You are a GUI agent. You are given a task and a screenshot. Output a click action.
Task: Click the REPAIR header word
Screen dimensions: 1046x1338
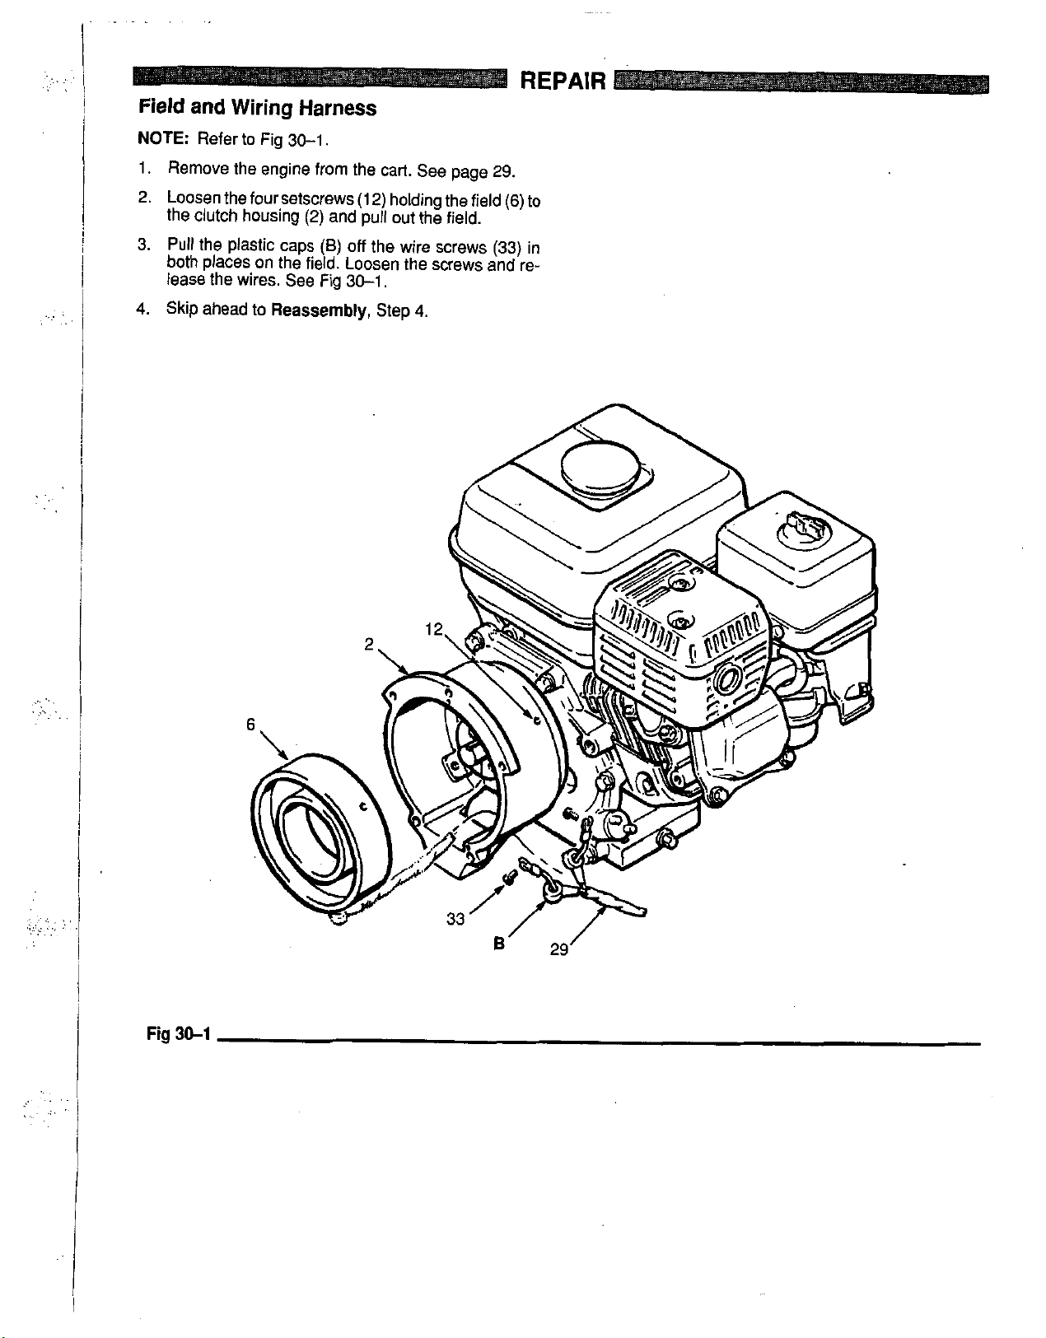click(565, 82)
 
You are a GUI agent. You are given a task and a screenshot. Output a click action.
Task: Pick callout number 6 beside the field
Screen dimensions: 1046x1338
click(250, 725)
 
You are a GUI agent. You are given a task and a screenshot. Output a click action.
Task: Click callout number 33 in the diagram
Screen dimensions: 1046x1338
click(455, 919)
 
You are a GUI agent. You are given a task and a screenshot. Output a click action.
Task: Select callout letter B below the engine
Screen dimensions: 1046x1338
click(498, 944)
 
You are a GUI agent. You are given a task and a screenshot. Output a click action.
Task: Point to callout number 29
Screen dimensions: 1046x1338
click(559, 949)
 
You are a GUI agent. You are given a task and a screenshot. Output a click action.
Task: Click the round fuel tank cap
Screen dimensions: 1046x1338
click(598, 470)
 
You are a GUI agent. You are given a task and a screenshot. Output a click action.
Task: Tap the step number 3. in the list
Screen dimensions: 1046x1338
click(142, 245)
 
